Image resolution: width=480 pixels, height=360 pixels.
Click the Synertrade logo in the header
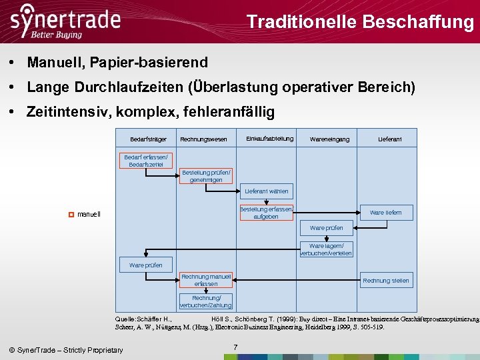click(65, 21)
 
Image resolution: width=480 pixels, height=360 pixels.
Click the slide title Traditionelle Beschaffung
click(359, 22)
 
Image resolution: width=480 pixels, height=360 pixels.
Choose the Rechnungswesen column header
click(203, 139)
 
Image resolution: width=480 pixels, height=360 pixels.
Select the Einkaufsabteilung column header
click(269, 139)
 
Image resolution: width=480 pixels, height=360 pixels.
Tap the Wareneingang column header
click(329, 139)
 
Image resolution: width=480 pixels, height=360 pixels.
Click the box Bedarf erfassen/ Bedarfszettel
click(147, 161)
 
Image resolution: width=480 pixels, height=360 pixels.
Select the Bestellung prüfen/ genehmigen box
click(206, 176)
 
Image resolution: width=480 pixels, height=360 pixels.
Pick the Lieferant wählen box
click(266, 191)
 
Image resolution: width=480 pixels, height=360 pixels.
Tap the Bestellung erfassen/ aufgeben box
click(266, 213)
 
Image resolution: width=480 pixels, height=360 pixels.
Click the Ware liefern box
click(385, 213)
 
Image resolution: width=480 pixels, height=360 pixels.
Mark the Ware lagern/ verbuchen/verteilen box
click(326, 249)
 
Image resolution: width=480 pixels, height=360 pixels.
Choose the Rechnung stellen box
click(385, 281)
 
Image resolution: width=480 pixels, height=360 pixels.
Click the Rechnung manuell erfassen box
click(206, 280)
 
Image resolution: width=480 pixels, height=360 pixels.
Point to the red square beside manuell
click(70, 214)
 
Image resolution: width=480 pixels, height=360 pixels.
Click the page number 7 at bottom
click(235, 347)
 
